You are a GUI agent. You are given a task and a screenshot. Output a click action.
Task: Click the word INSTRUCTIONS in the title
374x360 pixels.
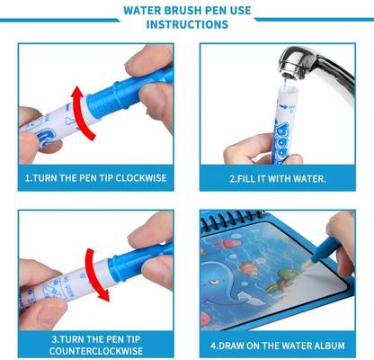pos(187,24)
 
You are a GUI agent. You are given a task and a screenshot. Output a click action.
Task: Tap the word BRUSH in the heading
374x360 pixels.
pos(183,10)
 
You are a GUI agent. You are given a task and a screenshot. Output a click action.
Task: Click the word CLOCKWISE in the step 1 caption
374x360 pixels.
pos(141,178)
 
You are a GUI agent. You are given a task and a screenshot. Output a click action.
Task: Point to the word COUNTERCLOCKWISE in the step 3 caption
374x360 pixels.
pos(96,351)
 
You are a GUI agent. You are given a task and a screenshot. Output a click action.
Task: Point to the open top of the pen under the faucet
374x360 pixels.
pos(287,87)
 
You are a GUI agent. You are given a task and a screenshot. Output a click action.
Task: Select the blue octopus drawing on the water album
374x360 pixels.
pos(223,285)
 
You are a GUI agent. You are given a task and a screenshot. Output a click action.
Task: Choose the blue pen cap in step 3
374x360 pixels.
pos(141,259)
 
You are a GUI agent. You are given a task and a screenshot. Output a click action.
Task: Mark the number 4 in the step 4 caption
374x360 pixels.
pos(213,346)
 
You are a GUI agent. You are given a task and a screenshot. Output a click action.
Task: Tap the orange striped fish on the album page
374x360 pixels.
pos(249,268)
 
